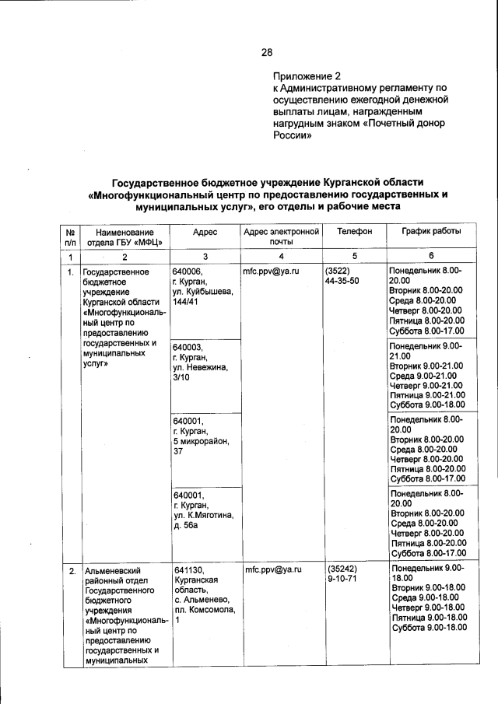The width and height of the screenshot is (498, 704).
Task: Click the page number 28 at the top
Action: point(266,52)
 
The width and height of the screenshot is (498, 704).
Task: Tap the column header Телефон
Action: point(354,232)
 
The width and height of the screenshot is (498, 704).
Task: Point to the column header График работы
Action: point(430,232)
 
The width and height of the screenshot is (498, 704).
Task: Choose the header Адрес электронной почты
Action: point(282,237)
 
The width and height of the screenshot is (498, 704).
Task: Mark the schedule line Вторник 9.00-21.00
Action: point(427,364)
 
